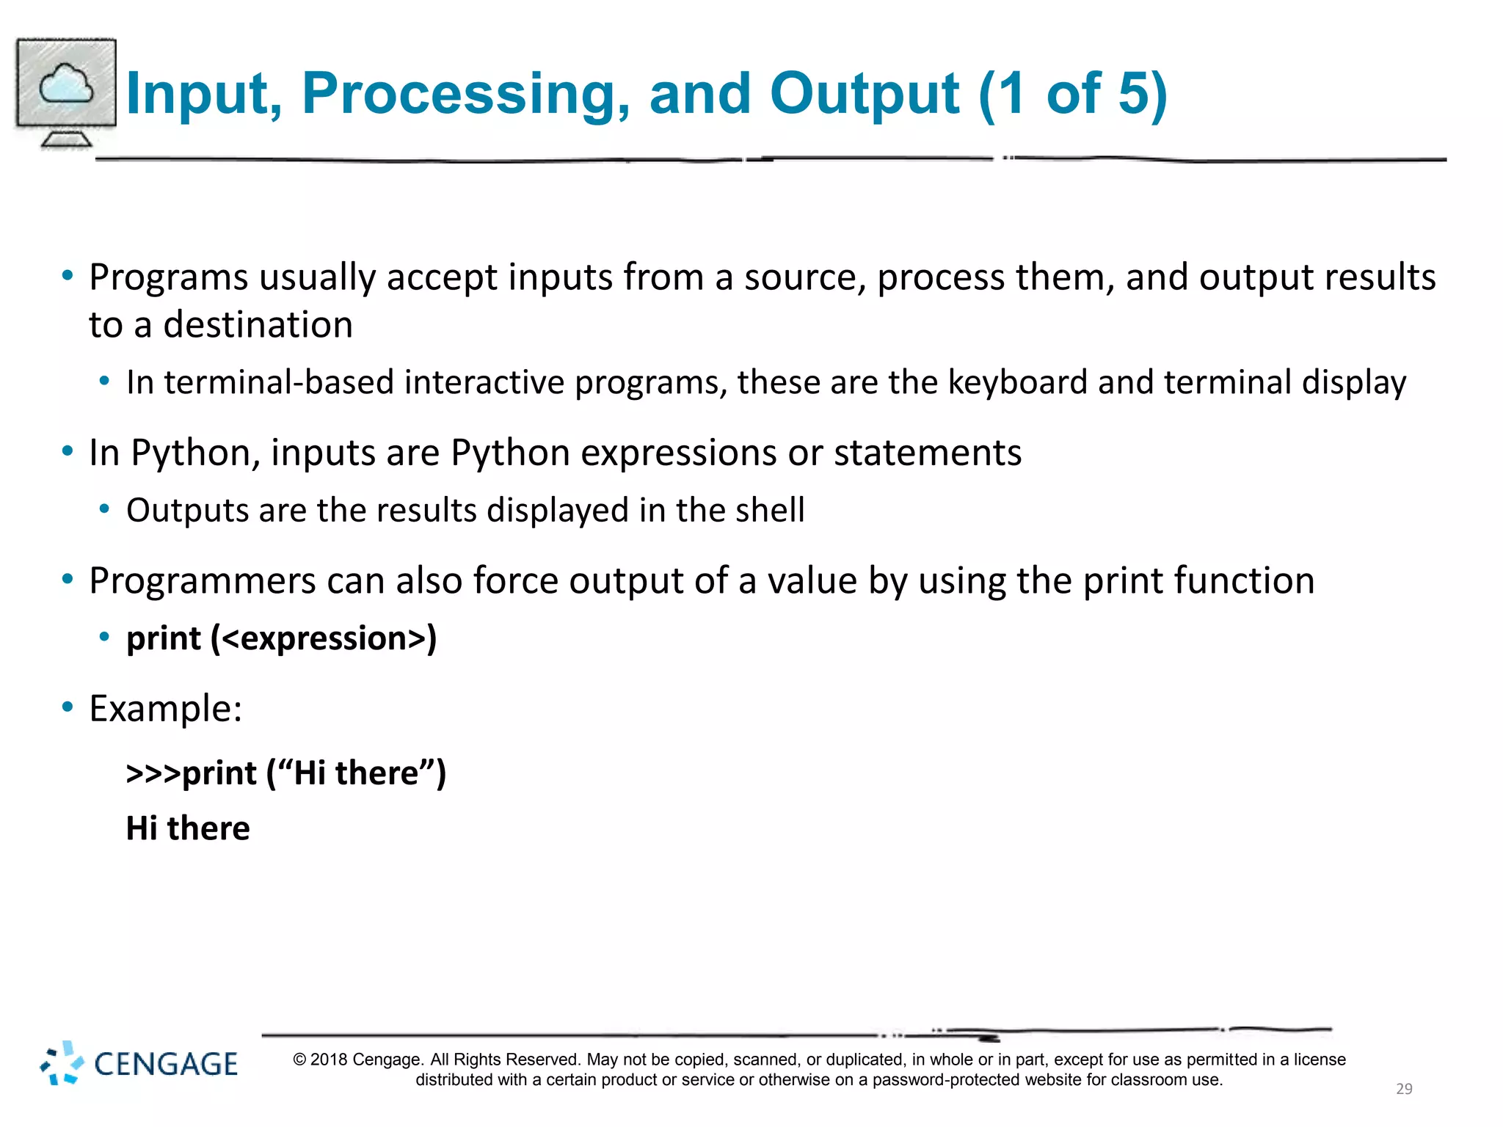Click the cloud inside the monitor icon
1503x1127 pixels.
[x=66, y=84]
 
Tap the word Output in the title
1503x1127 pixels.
[x=864, y=94]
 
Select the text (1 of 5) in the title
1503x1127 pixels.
[x=1072, y=94]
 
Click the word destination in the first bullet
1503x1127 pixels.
[x=258, y=325]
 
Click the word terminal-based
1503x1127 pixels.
[x=279, y=382]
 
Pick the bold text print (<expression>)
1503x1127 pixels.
[x=282, y=638]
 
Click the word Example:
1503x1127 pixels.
[x=166, y=709]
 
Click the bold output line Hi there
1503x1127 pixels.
[x=188, y=828]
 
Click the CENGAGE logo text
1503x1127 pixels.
[x=166, y=1065]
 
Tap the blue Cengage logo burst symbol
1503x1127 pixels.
[x=62, y=1063]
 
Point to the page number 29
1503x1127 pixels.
[x=1403, y=1089]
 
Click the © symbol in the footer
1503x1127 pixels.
[x=299, y=1059]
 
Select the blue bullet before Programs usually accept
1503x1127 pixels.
[x=68, y=277]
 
